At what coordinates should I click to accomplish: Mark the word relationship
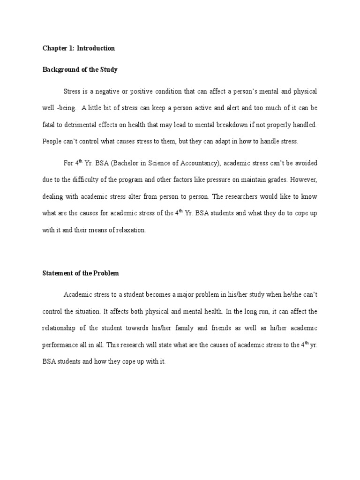(x=60, y=328)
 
